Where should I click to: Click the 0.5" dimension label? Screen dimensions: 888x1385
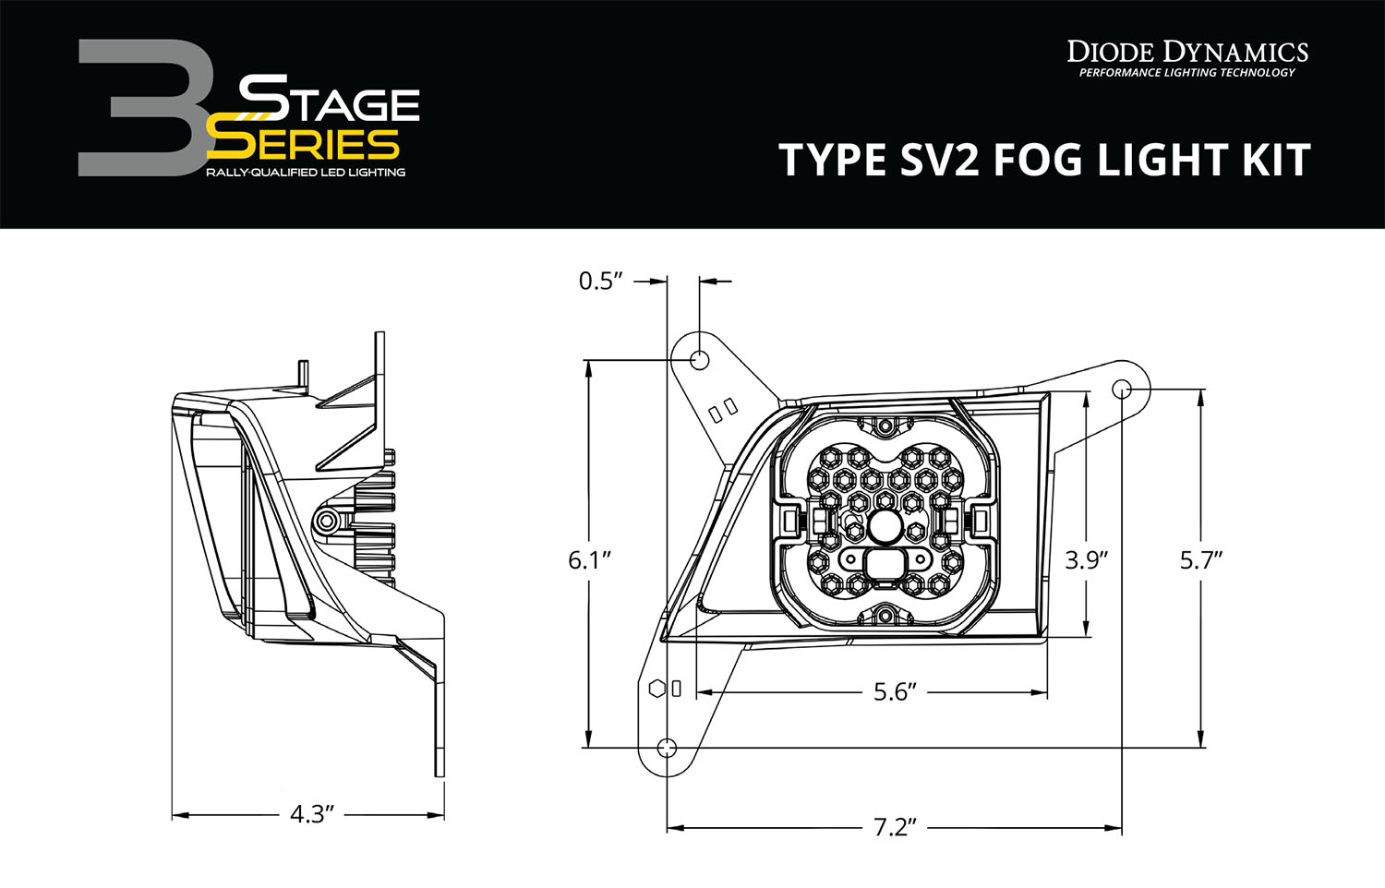point(601,281)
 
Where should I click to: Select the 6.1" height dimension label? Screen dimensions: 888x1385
point(589,559)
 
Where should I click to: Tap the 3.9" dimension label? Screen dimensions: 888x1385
point(1086,559)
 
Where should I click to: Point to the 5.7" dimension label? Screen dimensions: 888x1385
point(1200,559)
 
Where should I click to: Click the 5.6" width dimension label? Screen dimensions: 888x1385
point(895,692)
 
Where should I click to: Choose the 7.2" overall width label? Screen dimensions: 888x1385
point(894,827)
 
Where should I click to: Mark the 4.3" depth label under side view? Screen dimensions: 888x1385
point(311,814)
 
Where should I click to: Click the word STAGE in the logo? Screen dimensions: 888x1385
point(330,100)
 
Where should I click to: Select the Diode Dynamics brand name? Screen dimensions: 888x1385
point(1187,51)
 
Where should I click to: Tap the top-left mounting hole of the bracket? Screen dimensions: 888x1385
point(699,358)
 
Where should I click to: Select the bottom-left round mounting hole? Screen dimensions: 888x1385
point(667,747)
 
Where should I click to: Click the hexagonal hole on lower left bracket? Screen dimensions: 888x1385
point(656,688)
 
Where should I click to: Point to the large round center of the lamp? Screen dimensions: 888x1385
point(885,527)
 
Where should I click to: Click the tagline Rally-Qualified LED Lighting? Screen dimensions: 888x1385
point(306,173)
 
